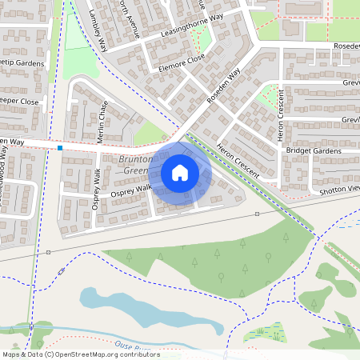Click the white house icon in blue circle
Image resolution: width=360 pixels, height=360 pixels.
[180, 173]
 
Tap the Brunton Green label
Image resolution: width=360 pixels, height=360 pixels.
[133, 165]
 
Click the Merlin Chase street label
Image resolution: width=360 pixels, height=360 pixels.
[102, 122]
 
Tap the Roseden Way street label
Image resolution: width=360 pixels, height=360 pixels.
[223, 89]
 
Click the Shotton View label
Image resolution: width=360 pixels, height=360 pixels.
[338, 189]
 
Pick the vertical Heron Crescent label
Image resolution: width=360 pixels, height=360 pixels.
[282, 117]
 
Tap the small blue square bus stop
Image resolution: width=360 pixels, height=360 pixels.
[60, 147]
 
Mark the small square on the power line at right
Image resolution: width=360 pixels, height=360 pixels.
[257, 214]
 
